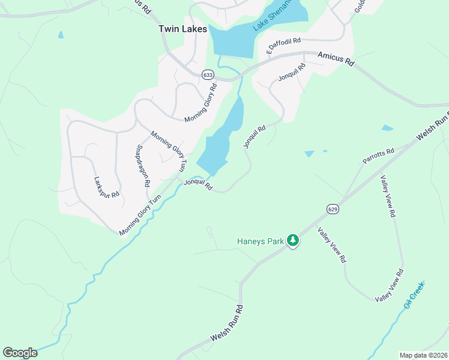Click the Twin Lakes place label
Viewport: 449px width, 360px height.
pos(182,29)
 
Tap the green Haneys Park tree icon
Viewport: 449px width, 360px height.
pos(293,241)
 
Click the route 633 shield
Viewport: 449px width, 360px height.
pos(208,74)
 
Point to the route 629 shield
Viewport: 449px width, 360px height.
pos(333,208)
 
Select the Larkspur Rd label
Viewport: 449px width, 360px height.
pos(107,187)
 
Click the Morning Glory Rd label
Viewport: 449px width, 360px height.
pos(200,103)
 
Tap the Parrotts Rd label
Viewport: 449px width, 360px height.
pos(378,156)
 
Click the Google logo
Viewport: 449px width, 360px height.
pos(20,353)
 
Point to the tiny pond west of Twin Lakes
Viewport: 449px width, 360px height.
pos(61,35)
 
